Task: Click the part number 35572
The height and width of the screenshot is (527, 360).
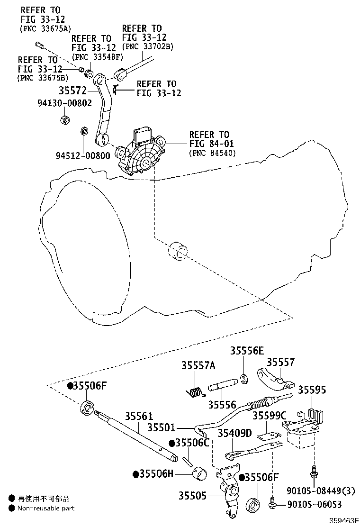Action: tap(73, 91)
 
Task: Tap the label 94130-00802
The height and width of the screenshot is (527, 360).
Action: tap(64, 103)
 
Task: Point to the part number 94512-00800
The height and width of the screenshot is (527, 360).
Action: tap(83, 155)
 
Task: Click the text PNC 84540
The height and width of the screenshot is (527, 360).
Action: tap(212, 153)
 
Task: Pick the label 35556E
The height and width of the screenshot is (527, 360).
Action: tap(247, 351)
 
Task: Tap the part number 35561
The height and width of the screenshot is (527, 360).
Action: tap(139, 417)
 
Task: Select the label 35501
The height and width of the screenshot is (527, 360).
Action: tap(162, 427)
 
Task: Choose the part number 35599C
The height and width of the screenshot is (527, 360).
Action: tap(270, 416)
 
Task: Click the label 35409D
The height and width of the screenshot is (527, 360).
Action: tap(235, 433)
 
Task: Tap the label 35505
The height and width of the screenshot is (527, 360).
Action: tap(192, 496)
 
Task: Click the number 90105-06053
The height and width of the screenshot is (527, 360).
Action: tap(315, 504)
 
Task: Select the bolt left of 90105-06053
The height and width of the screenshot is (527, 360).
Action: tap(273, 503)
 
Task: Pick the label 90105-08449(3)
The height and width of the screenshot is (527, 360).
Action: tap(321, 491)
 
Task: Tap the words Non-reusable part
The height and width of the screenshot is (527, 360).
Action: tap(46, 508)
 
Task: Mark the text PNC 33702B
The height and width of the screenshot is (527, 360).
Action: tap(148, 47)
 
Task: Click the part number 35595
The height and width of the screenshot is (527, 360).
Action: tap(312, 390)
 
